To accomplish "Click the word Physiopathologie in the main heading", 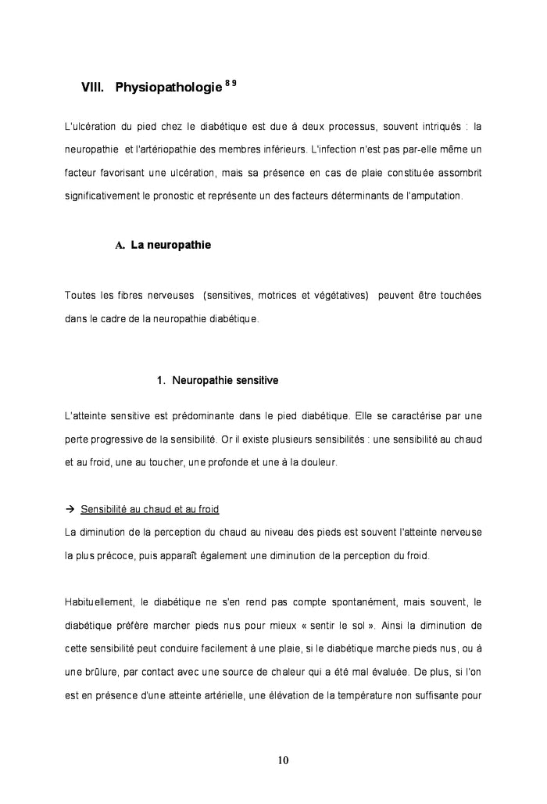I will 168,88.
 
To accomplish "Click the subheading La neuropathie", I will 170,245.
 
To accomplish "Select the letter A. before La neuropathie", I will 120,246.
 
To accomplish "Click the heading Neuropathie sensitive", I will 225,381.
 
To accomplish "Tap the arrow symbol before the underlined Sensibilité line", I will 70,510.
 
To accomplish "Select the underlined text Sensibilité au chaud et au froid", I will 150,510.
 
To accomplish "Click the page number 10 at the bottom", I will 282,759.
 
